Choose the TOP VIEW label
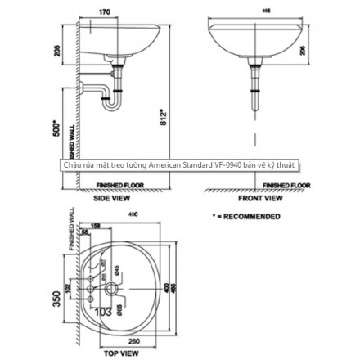point(120,354)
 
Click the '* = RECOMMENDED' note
point(246,217)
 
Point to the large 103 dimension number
point(102,312)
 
